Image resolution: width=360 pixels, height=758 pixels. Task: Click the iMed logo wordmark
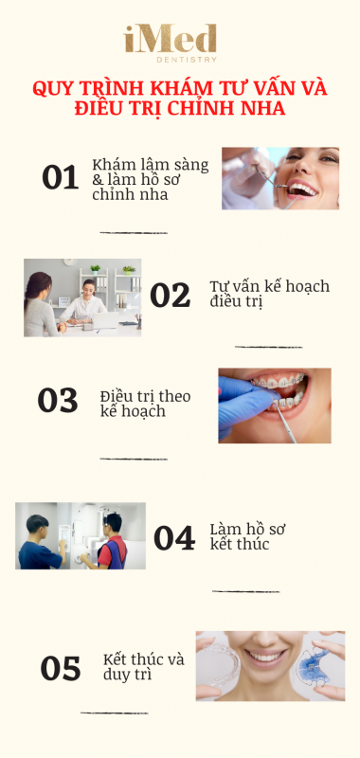pyautogui.click(x=171, y=39)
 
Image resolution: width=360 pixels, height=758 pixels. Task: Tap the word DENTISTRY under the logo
pyautogui.click(x=187, y=60)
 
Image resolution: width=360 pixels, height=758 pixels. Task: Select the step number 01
pyautogui.click(x=61, y=177)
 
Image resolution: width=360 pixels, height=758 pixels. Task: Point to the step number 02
pyautogui.click(x=171, y=296)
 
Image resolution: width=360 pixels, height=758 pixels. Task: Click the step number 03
pyautogui.click(x=58, y=400)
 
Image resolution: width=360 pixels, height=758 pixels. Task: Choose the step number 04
pyautogui.click(x=174, y=538)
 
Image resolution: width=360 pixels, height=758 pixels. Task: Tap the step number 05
pyautogui.click(x=61, y=669)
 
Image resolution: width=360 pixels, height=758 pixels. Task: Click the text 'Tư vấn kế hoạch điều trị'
pyautogui.click(x=270, y=294)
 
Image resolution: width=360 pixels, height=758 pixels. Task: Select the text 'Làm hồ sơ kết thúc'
pyautogui.click(x=247, y=536)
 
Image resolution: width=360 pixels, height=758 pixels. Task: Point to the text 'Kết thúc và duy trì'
pyautogui.click(x=143, y=667)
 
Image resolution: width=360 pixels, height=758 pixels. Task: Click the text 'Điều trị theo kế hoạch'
pyautogui.click(x=146, y=404)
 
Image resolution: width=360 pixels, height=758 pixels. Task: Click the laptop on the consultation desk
pyautogui.click(x=105, y=320)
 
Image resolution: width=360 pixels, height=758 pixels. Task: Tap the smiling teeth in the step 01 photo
pyautogui.click(x=302, y=189)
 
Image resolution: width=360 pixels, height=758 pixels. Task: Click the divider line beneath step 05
pyautogui.click(x=115, y=713)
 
